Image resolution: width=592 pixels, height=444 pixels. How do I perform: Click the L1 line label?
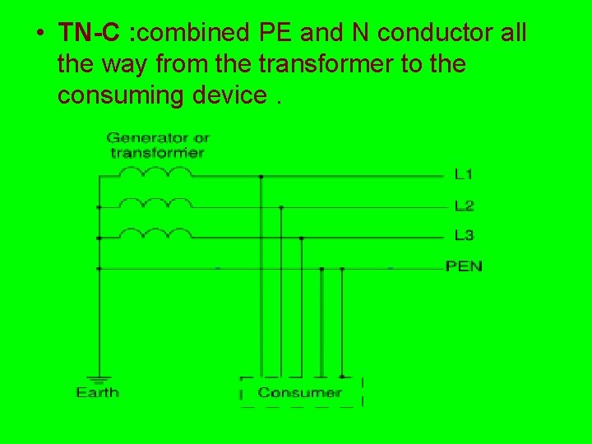[464, 174]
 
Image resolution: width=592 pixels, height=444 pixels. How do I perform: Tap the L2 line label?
[464, 206]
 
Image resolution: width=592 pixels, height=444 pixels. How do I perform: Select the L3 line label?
[464, 236]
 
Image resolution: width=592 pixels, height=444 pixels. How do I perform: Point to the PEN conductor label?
[464, 266]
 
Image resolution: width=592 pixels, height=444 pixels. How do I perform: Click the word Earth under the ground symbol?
[98, 393]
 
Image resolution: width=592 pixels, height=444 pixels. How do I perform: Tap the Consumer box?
[300, 392]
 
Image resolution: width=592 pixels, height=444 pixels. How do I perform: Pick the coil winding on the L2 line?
[155, 202]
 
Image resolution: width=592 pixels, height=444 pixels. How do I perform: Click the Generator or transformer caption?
[157, 145]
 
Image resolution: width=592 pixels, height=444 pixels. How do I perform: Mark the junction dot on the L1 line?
[261, 176]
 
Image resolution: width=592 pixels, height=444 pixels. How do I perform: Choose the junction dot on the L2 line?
[281, 207]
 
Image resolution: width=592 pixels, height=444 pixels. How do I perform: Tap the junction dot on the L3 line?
[301, 238]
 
